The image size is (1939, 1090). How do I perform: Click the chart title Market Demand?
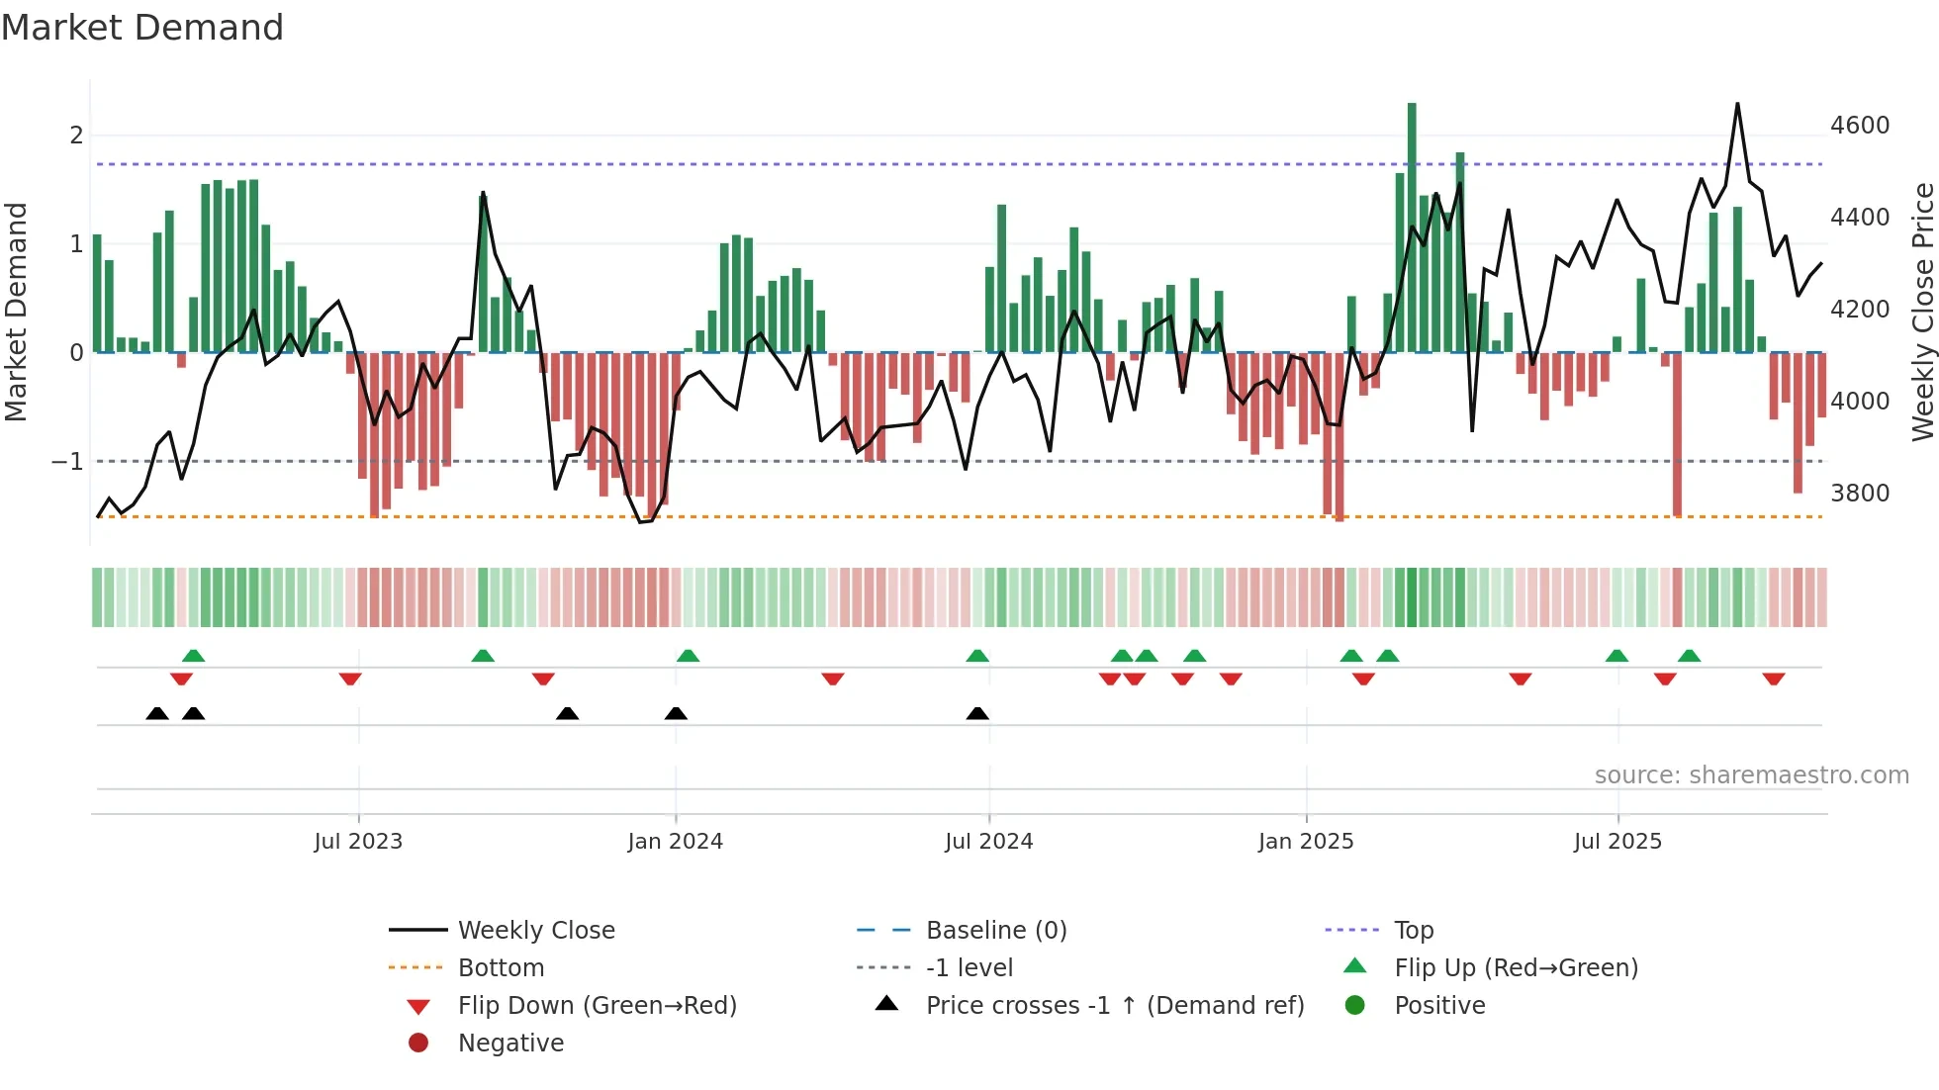pos(142,28)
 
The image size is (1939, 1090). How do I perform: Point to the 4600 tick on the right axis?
pos(1859,126)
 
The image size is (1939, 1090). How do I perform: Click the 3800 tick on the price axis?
pos(1859,493)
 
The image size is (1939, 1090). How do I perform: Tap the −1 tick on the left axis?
pos(67,462)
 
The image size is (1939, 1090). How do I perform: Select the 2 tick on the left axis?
pos(76,136)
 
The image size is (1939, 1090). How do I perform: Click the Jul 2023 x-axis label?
pos(358,842)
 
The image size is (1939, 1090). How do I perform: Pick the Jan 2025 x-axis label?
pos(1306,842)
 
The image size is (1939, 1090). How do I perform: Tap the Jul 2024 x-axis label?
pos(988,842)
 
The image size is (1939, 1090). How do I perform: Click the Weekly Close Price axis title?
pos(1922,312)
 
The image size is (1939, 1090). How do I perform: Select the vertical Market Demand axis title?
pos(16,312)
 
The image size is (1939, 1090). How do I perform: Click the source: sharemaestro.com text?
pos(1751,775)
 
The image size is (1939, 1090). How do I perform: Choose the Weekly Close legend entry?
pos(536,931)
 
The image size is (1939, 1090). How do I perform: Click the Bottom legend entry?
pos(501,968)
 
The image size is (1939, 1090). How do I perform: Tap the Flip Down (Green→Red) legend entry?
pos(597,1006)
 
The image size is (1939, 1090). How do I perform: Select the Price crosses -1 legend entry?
pos(1114,1006)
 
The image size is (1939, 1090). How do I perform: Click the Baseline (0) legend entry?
pos(995,931)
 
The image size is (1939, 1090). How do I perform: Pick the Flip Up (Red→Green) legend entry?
pos(1516,968)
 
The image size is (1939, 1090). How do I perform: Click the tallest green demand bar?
pos(1412,227)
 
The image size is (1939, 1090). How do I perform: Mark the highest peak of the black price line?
pos(1737,104)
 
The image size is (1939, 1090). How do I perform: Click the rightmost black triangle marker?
pos(977,714)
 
